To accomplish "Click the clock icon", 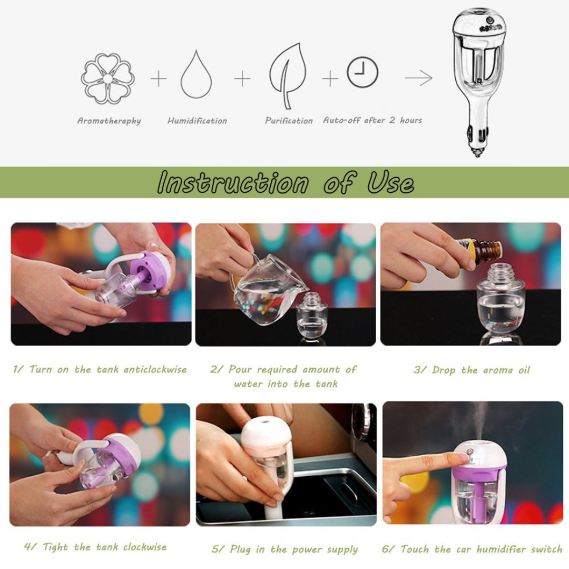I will (x=362, y=72).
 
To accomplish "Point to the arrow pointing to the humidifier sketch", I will (x=419, y=79).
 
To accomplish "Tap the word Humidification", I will (x=197, y=121).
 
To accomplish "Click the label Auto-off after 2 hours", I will (x=372, y=120).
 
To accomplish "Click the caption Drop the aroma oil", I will (x=472, y=370).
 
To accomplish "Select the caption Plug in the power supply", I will (x=284, y=549).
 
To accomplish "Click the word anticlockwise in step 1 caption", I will (x=155, y=369).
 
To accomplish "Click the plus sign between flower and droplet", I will (x=158, y=79).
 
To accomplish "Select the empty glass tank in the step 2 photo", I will (x=311, y=316).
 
